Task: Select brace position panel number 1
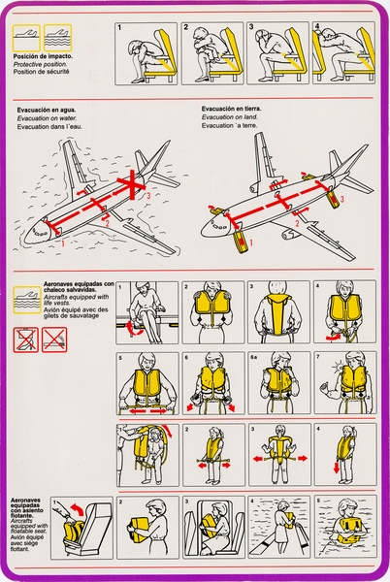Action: (146, 52)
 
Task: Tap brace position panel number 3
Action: (276, 52)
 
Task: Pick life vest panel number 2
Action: (213, 312)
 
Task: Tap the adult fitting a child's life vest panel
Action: (146, 454)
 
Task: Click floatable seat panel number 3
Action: (213, 527)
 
